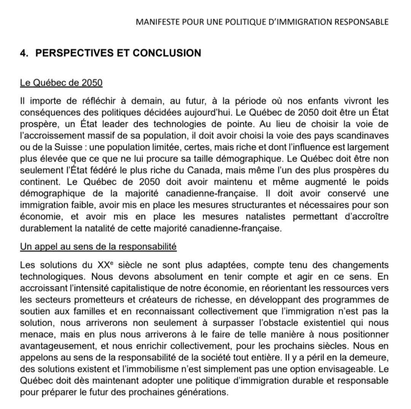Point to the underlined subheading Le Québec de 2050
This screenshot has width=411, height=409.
[61, 83]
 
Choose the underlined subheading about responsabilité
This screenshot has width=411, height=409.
[98, 246]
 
